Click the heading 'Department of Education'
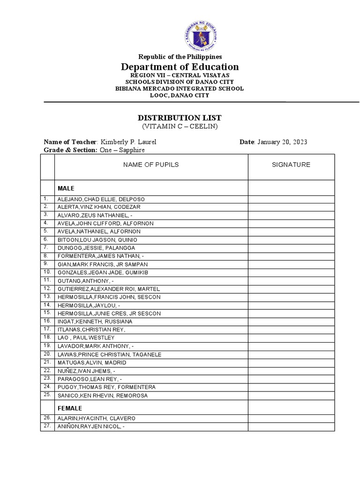pos(180,67)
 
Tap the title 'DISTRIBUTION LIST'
pos(180,118)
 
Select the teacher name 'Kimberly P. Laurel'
pos(127,142)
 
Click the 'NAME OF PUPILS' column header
pos(151,165)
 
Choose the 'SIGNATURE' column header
pos(291,165)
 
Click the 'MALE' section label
pos(66,188)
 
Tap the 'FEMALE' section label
pos(70,408)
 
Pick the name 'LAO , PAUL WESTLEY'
pos(86,337)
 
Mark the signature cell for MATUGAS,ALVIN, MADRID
pos(291,362)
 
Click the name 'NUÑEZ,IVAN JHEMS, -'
pos(86,371)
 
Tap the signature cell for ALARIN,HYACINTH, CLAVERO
pos(291,418)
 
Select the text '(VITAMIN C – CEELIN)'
pos(180,127)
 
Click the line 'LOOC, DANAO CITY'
pos(180,95)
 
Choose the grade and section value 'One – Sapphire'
pos(122,150)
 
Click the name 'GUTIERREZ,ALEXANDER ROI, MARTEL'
pos(109,288)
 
